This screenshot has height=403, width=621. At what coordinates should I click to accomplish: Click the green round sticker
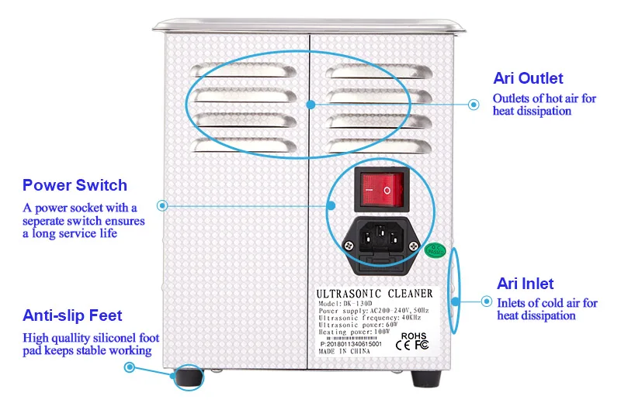(434, 250)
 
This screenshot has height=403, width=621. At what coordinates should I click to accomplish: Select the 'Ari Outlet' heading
(528, 78)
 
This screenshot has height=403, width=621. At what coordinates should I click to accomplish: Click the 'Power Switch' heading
(75, 185)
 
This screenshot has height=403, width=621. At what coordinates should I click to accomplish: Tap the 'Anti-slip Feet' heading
(72, 315)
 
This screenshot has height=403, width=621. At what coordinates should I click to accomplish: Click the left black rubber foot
(186, 377)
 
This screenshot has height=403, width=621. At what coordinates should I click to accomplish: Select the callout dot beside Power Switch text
(162, 205)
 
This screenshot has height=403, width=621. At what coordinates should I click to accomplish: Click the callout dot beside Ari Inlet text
(487, 301)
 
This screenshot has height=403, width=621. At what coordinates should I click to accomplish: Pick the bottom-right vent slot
(380, 145)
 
